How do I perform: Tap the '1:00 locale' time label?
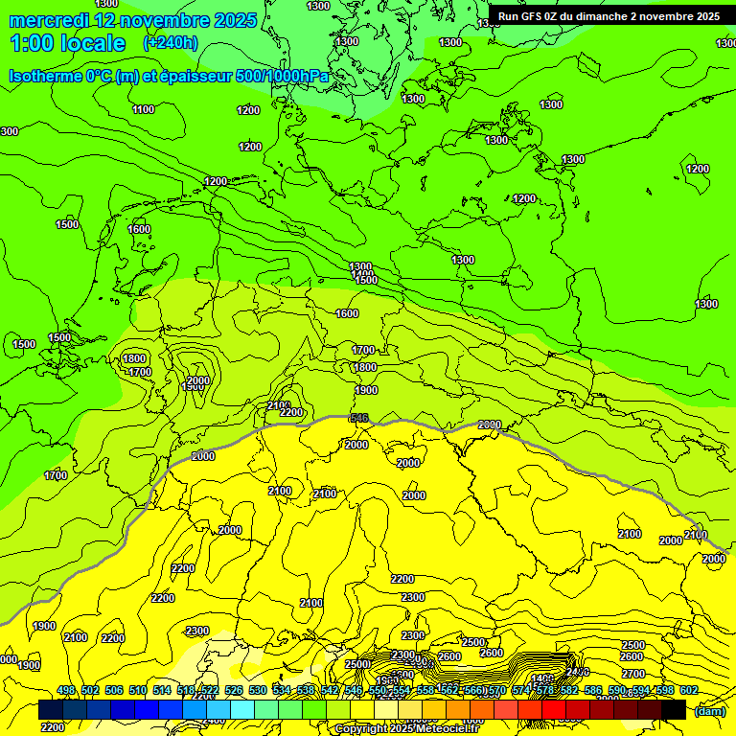[x=67, y=43]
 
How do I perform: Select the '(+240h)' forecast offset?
[x=170, y=43]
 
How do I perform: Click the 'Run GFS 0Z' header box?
[x=609, y=16]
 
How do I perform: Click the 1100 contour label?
[x=143, y=109]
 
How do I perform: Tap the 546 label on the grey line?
[x=359, y=418]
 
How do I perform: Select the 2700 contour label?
[x=633, y=674]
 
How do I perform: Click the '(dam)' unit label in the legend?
[x=709, y=710]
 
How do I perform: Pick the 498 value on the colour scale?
[x=66, y=690]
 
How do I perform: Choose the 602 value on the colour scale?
[x=688, y=690]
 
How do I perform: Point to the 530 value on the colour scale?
[x=258, y=690]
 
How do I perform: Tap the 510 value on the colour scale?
[x=138, y=690]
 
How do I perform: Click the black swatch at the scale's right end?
[x=674, y=710]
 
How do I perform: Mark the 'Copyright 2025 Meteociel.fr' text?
[x=406, y=729]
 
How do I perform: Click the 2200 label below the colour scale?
[x=53, y=727]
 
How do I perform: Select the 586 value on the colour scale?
[x=592, y=690]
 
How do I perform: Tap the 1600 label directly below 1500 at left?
[x=139, y=229]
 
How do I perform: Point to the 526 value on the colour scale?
[x=234, y=690]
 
